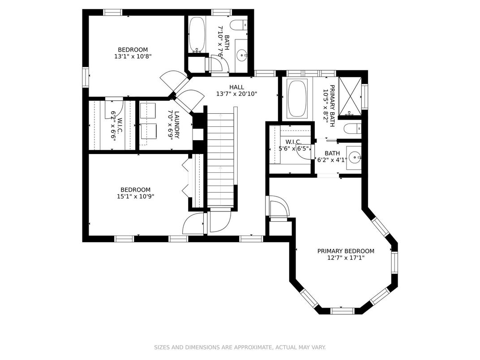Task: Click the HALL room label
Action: pyautogui.click(x=236, y=87)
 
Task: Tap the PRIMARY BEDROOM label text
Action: pyautogui.click(x=346, y=251)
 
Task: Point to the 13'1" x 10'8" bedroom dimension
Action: pyautogui.click(x=133, y=56)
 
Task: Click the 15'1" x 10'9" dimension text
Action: pyautogui.click(x=135, y=196)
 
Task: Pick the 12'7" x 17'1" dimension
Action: pyautogui.click(x=346, y=258)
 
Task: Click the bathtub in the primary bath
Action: pyautogui.click(x=297, y=99)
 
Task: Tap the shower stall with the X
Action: pyautogui.click(x=350, y=96)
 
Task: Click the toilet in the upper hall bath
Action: pyautogui.click(x=239, y=25)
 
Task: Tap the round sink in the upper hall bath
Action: pyautogui.click(x=242, y=56)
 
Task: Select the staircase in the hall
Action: pyautogui.click(x=220, y=159)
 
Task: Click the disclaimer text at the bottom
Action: pyautogui.click(x=240, y=347)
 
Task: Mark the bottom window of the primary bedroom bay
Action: pyautogui.click(x=343, y=311)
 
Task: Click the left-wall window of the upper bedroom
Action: pyautogui.click(x=86, y=77)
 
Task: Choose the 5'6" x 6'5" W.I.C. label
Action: pyautogui.click(x=294, y=146)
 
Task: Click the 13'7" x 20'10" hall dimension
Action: pyautogui.click(x=236, y=94)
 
